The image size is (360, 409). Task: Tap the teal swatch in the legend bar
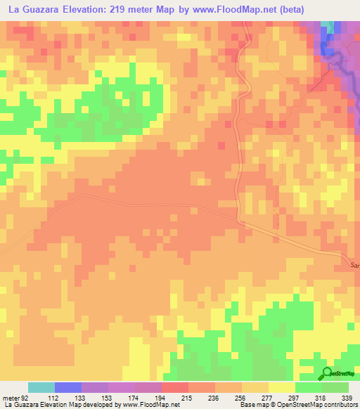[x=41, y=387]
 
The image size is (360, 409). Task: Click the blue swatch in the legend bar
[x=68, y=387]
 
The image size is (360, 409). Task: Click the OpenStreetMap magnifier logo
[x=327, y=373]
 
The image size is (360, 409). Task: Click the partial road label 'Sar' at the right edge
[x=354, y=265]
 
